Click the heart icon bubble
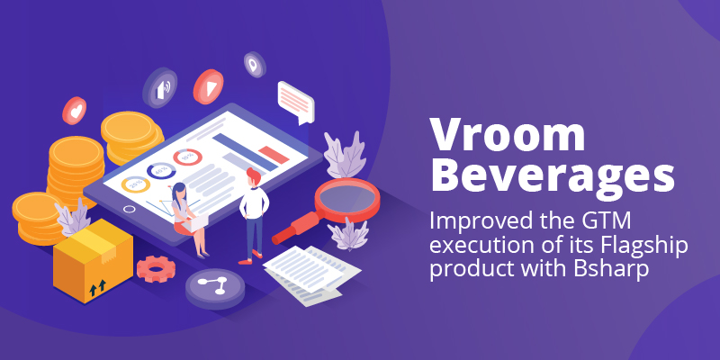[x=75, y=110]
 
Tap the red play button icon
[x=208, y=86]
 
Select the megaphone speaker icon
[x=160, y=87]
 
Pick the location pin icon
[x=255, y=64]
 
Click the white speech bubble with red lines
[x=296, y=102]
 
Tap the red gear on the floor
[x=156, y=268]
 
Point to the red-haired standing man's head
[x=253, y=176]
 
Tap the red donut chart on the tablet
[x=188, y=157]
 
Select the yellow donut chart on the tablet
[x=136, y=184]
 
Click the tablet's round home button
[x=130, y=209]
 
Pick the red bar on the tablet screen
[x=274, y=155]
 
